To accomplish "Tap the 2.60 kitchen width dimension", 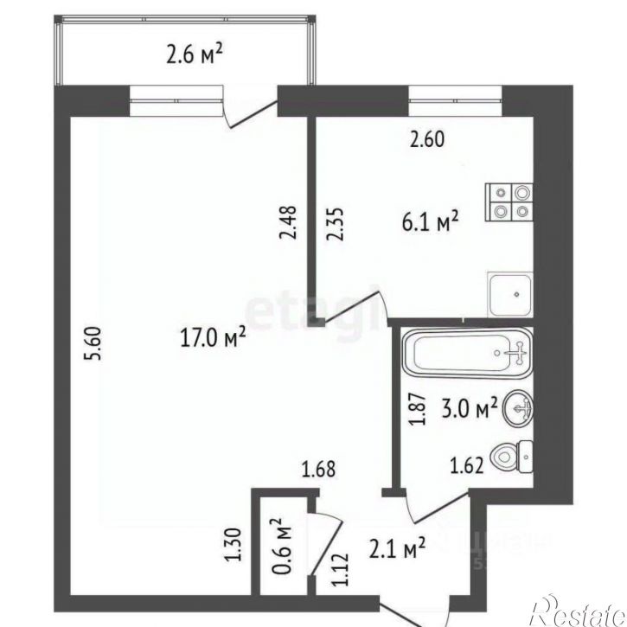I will pos(425,140).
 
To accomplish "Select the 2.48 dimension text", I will pos(290,221).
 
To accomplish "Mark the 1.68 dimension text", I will pos(317,470).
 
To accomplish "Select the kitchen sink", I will pos(510,296).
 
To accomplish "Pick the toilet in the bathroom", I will pos(514,456).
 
